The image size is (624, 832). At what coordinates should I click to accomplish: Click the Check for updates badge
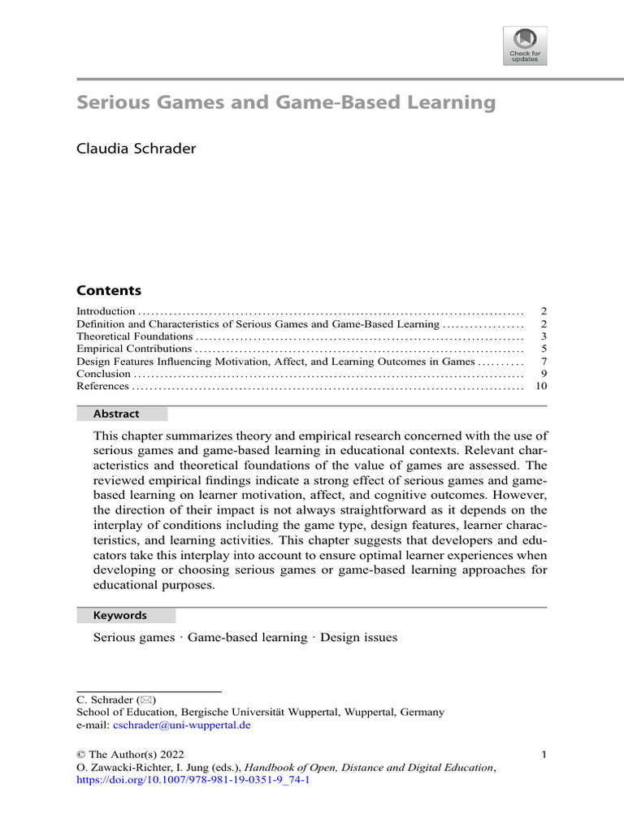525,45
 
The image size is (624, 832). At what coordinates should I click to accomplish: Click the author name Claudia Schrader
136,149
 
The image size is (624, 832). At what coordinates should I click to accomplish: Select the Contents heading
108,291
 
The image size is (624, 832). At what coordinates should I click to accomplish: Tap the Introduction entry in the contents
106,311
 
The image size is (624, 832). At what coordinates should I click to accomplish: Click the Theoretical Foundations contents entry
135,336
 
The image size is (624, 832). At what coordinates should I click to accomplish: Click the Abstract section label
116,414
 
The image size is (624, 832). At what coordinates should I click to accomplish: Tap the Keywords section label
119,616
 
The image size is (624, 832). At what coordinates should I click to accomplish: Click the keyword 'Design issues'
359,638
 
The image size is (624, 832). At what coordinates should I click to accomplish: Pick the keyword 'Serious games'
134,638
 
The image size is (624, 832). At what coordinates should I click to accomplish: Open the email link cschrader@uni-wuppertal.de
180,725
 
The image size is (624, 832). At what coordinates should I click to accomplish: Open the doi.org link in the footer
193,780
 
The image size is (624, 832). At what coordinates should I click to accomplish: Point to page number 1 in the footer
544,754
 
